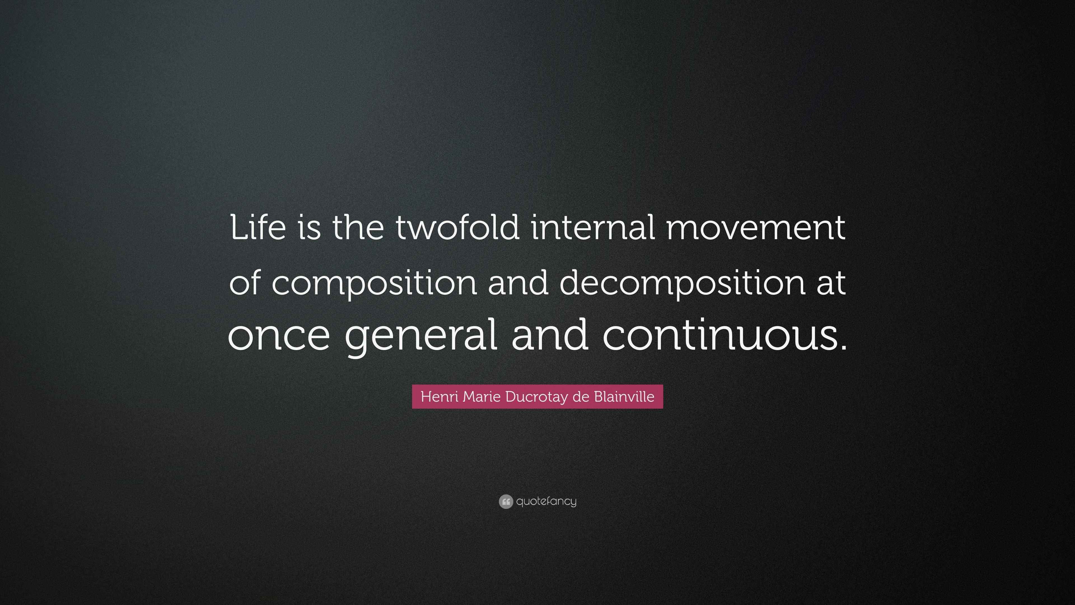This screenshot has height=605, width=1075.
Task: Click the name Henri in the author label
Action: point(440,397)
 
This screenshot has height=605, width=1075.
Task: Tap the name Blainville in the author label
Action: point(624,397)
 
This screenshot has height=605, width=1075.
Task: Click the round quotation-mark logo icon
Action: point(505,501)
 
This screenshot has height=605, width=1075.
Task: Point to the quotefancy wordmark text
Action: point(546,501)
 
